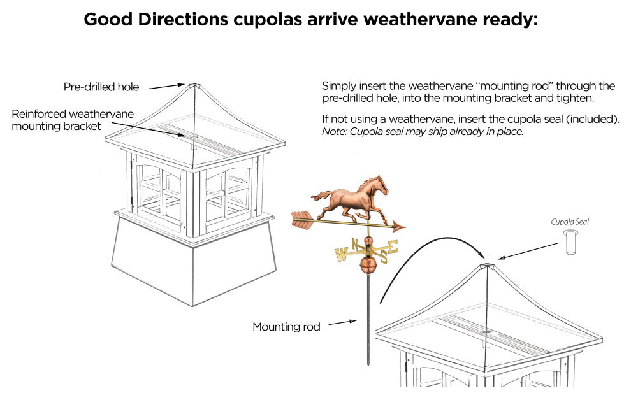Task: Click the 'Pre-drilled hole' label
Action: point(101,87)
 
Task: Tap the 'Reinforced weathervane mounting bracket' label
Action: point(73,120)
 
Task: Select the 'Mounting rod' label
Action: point(286,327)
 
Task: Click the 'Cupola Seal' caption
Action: point(570,222)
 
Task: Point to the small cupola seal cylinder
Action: point(570,243)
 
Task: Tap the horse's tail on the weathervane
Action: point(319,194)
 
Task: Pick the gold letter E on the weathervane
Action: point(393,246)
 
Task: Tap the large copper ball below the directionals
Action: point(368,265)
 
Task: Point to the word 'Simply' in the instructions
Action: point(337,85)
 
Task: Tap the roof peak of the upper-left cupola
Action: point(193,85)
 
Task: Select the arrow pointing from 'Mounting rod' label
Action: point(342,323)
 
